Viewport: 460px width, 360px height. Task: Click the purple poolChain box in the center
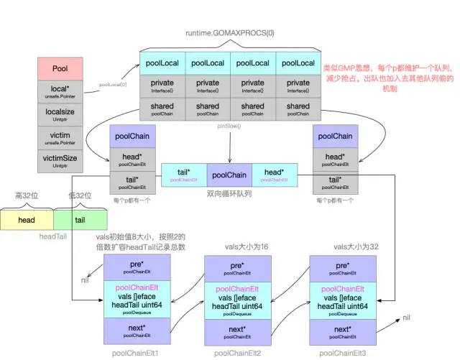point(229,175)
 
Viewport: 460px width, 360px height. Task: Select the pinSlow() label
point(228,126)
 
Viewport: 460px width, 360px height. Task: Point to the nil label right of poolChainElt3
point(407,317)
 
